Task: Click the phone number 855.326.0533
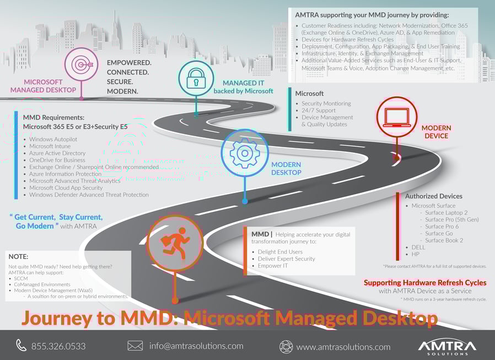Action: (58, 346)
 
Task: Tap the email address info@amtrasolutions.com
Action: (196, 346)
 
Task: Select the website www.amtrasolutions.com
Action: (343, 347)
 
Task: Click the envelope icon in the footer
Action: (135, 346)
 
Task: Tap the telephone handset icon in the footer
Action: (21, 346)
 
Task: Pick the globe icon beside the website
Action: (286, 347)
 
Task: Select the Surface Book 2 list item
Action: (444, 240)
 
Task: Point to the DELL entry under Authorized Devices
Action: (419, 248)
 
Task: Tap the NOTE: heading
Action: (19, 256)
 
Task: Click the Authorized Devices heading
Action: (433, 196)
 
